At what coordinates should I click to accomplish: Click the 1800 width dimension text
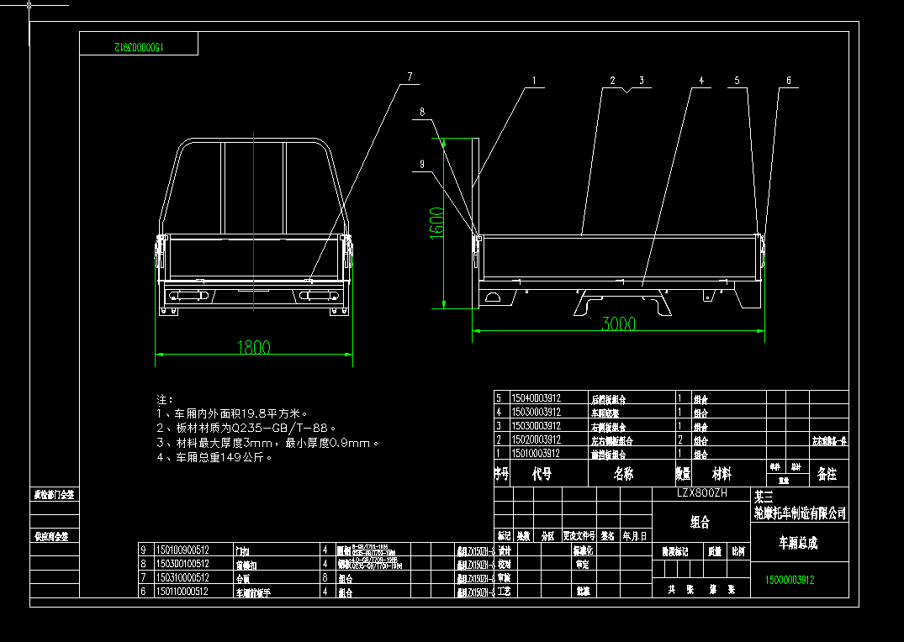[252, 347]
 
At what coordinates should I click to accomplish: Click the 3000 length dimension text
[619, 324]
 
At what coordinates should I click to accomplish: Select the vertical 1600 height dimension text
[436, 223]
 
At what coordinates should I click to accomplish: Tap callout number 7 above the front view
[410, 77]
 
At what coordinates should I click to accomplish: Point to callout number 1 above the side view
[533, 81]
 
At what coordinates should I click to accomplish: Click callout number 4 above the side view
[700, 81]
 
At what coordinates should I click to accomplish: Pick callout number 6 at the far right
[789, 81]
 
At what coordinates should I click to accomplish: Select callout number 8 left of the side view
[422, 112]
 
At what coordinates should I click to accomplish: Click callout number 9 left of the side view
[422, 164]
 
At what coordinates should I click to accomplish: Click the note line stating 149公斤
[226, 458]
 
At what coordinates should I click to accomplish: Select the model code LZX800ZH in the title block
[701, 493]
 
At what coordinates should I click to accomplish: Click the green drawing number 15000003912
[790, 580]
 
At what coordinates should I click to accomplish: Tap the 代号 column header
[542, 474]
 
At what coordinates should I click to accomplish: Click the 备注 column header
[827, 474]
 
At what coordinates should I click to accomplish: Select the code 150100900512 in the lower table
[182, 550]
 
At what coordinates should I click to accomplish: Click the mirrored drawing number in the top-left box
[138, 48]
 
